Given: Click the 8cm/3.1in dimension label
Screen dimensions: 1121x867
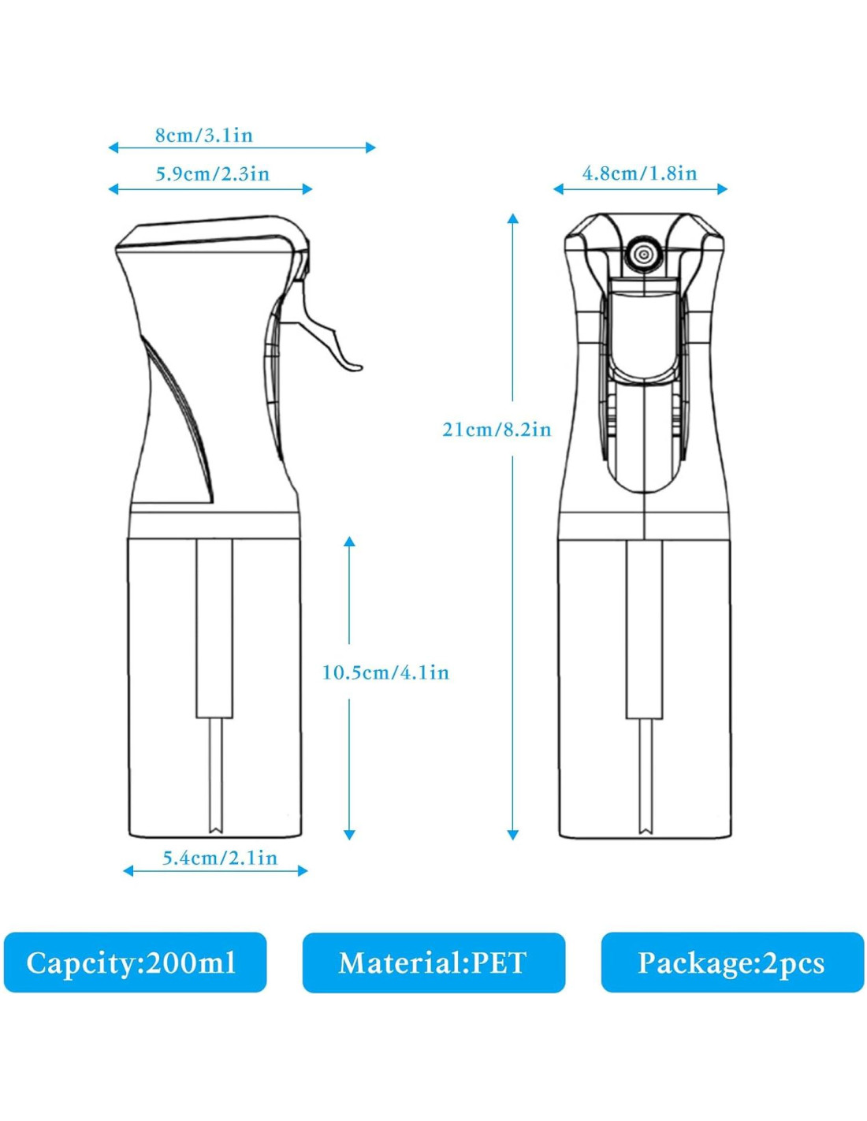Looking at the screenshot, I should click(x=204, y=136).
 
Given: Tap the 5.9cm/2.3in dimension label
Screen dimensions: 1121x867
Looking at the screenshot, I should click(x=212, y=174).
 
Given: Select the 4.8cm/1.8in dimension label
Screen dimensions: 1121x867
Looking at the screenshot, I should click(x=639, y=173).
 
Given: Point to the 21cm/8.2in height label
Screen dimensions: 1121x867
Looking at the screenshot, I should click(x=497, y=430).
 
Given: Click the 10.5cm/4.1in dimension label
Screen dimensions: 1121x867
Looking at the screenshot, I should click(x=385, y=672).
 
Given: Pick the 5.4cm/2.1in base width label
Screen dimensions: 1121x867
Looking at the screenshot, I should click(x=220, y=858).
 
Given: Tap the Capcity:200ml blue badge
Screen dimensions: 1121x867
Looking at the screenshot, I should click(x=135, y=962).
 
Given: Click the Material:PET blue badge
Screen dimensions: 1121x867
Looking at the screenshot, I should click(x=433, y=963).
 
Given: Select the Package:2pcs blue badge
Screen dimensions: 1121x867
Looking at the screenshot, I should click(x=732, y=962).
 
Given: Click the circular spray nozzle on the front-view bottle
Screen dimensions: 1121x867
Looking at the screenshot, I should click(x=644, y=254).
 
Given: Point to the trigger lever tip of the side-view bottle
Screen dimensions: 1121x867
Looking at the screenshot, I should click(x=355, y=366).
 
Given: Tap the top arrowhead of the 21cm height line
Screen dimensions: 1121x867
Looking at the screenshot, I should click(x=513, y=218).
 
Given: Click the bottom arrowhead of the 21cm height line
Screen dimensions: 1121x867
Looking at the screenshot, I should click(x=513, y=834).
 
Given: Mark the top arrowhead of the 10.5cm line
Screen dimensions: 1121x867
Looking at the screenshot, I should click(x=349, y=542).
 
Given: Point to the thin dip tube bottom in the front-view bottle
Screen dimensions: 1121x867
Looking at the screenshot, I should click(x=646, y=820).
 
